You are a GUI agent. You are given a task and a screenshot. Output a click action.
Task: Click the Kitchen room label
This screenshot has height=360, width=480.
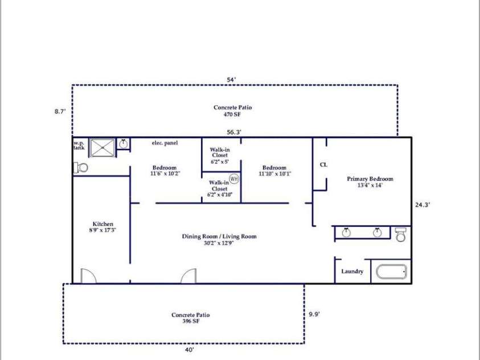click(103, 224)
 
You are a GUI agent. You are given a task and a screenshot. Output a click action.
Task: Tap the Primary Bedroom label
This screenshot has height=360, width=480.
click(370, 179)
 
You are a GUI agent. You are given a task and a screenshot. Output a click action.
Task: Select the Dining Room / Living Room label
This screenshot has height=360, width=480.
click(219, 236)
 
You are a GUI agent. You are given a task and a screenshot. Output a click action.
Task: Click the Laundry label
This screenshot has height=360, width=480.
click(352, 271)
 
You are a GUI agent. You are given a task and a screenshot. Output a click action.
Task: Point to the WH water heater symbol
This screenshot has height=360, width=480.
click(234, 179)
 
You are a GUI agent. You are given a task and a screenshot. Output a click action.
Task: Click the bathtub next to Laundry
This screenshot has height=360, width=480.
click(391, 272)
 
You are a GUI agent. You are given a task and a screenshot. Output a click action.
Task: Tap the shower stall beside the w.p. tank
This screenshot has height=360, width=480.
click(102, 148)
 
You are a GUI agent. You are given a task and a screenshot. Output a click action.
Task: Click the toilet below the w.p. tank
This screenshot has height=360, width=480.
click(80, 168)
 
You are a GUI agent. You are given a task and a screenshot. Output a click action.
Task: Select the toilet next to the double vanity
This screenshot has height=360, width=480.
click(401, 234)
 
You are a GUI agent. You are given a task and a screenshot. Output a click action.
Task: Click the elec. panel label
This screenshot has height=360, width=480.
click(165, 142)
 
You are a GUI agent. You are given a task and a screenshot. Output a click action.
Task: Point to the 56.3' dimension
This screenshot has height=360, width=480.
click(234, 132)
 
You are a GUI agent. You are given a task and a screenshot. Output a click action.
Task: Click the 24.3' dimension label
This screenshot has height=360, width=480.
click(422, 205)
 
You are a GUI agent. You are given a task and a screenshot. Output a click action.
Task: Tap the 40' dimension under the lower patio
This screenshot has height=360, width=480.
click(190, 350)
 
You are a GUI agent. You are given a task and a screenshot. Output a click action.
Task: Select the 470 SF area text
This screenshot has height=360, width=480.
click(232, 114)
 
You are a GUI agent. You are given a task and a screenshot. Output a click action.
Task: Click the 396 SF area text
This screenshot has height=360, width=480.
click(191, 321)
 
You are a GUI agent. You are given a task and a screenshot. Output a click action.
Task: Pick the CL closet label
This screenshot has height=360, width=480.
click(323, 165)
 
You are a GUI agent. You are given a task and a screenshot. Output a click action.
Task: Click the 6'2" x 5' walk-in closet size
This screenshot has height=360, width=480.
click(219, 162)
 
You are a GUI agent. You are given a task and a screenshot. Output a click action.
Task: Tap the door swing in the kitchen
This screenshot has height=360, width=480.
click(88, 276)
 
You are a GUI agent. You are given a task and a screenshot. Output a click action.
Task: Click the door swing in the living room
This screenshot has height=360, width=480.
click(188, 276)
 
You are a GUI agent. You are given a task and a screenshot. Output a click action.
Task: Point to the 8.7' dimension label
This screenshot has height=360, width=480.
click(60, 112)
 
